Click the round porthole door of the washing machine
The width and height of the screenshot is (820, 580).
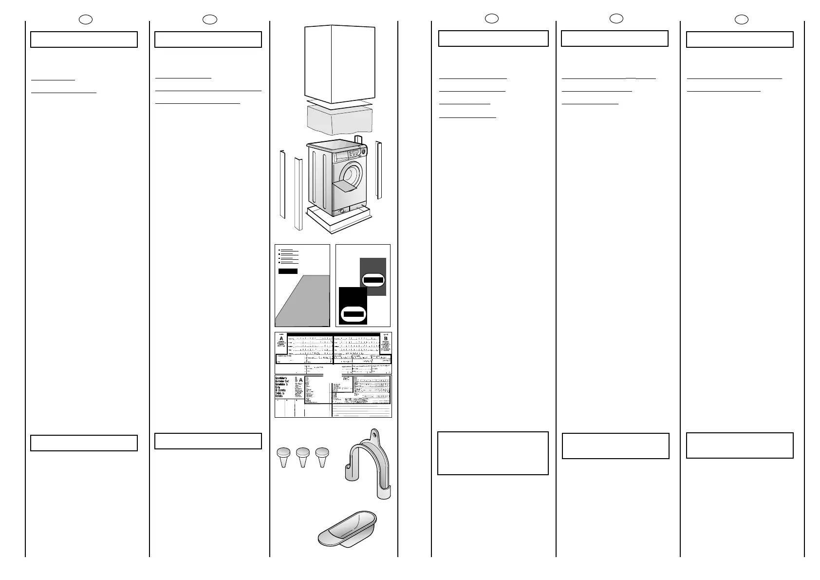point(352,174)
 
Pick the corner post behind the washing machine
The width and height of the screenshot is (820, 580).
point(359,140)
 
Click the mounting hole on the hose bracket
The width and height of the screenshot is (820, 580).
point(374,433)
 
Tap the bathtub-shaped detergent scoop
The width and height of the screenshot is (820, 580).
point(347,528)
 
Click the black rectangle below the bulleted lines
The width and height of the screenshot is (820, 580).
point(288,271)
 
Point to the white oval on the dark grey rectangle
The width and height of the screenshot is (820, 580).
point(373,280)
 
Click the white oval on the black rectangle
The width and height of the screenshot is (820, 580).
point(354,313)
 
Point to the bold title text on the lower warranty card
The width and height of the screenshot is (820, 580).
point(283,387)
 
